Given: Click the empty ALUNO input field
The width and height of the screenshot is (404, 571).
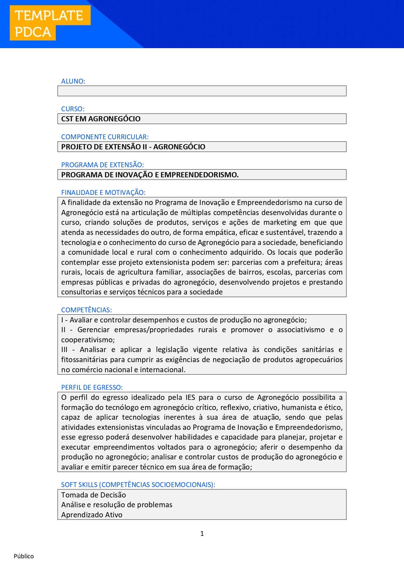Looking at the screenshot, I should pos(202,91).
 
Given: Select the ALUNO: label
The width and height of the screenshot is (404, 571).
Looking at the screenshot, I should pos(73,81).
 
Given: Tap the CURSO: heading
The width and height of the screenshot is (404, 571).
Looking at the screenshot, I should pos(73,109).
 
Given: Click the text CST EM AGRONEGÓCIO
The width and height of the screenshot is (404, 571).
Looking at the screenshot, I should pos(101,119).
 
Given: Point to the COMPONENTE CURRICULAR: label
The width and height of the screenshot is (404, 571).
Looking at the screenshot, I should pos(105,137).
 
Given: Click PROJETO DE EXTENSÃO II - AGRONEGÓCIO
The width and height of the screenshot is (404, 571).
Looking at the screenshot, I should pos(133,147).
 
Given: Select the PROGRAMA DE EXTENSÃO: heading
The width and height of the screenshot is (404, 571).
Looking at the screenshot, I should pos(103,165).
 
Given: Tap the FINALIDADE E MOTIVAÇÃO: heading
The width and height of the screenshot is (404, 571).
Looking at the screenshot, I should pos(103,193).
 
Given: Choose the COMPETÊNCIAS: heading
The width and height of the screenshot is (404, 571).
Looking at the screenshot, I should pos(87,310).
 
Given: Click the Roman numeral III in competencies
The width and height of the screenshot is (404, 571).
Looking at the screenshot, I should pos(64,350).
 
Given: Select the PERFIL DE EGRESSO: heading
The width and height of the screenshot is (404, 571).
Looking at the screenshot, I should pos(92,387).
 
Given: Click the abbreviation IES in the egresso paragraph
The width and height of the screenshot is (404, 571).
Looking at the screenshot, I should pos(190,398).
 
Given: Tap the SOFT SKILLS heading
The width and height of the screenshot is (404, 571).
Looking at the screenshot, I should pos(138,485).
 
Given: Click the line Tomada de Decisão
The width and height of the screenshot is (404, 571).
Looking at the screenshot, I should pos(93,495).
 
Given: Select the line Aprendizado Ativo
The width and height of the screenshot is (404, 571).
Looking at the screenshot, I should pos(92,515).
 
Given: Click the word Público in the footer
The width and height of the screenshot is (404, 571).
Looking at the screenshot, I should pos(24,556).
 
